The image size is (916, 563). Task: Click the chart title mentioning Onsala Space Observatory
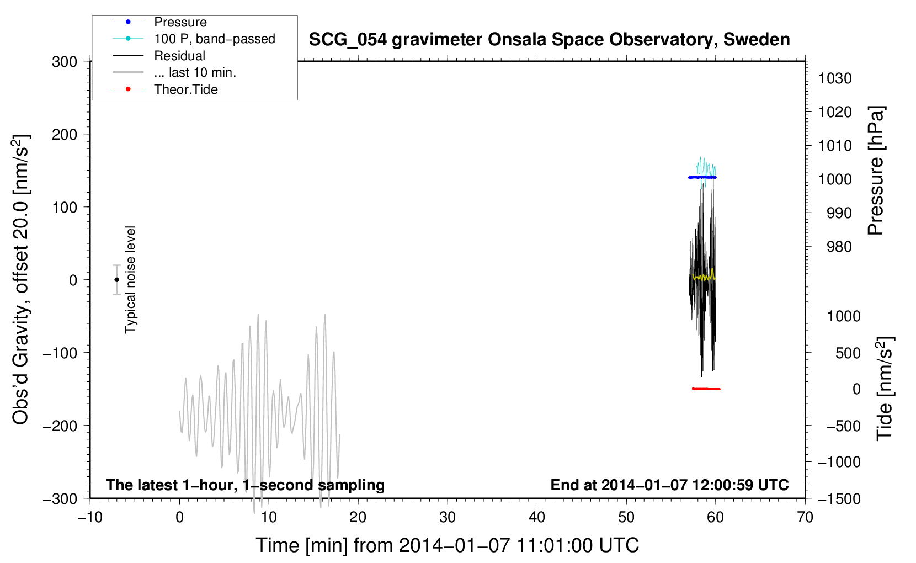pos(549,40)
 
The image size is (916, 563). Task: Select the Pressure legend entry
pos(180,22)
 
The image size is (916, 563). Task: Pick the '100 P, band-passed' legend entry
pos(214,39)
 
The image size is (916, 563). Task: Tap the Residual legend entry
pos(179,56)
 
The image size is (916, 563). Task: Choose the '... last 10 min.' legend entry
pos(195,73)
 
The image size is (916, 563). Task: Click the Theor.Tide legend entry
pos(185,89)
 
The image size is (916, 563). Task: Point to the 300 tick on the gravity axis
pos(65,62)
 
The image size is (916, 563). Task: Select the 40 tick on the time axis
pos(537,517)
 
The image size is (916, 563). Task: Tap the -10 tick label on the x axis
pos(90,517)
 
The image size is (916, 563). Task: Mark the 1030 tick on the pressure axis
pos(834,78)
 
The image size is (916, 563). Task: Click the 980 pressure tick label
pos(834,247)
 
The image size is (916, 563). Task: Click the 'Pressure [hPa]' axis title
pos(876,171)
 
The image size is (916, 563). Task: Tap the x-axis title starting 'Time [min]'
pos(447,545)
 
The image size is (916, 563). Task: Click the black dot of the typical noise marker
pos(116,280)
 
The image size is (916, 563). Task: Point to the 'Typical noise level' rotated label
pos(130,280)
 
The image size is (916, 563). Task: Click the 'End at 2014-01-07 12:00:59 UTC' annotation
pos(669,485)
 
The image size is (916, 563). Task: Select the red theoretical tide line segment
pos(706,389)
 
